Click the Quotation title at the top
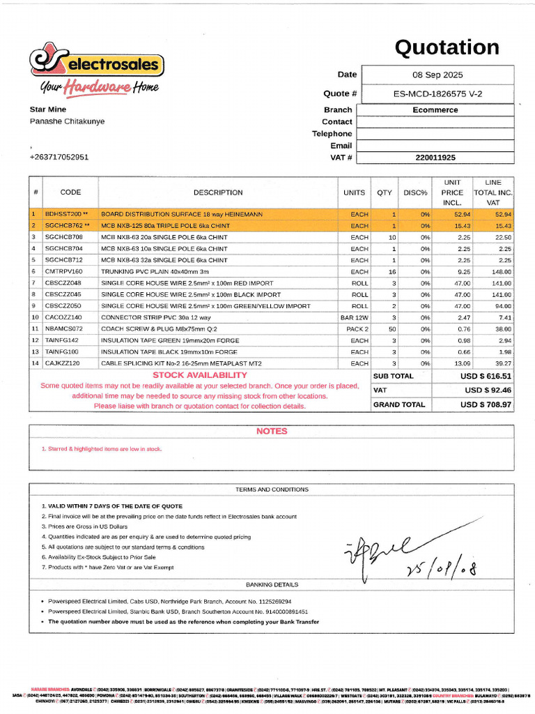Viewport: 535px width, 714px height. pyautogui.click(x=447, y=47)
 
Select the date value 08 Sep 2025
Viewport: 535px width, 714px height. pyautogui.click(x=437, y=75)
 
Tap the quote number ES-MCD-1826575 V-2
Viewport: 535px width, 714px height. pyautogui.click(x=437, y=93)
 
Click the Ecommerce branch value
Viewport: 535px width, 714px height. pyautogui.click(x=435, y=109)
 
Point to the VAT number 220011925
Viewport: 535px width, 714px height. pyautogui.click(x=435, y=158)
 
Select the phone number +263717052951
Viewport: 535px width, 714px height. pyautogui.click(x=59, y=158)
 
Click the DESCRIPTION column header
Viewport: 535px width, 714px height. pyautogui.click(x=218, y=192)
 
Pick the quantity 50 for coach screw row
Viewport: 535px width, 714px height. pyautogui.click(x=392, y=328)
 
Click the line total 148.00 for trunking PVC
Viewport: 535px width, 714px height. pyautogui.click(x=500, y=271)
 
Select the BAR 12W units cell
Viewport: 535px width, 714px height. pyautogui.click(x=355, y=317)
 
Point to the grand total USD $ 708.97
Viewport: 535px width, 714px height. pyautogui.click(x=486, y=404)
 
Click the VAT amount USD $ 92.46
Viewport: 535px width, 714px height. pyautogui.click(x=488, y=390)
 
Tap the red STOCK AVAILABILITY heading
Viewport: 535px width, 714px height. pyautogui.click(x=199, y=375)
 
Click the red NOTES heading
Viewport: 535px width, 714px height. pyautogui.click(x=271, y=431)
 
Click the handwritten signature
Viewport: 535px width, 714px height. pyautogui.click(x=404, y=558)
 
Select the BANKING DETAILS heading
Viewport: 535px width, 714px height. pyautogui.click(x=272, y=584)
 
